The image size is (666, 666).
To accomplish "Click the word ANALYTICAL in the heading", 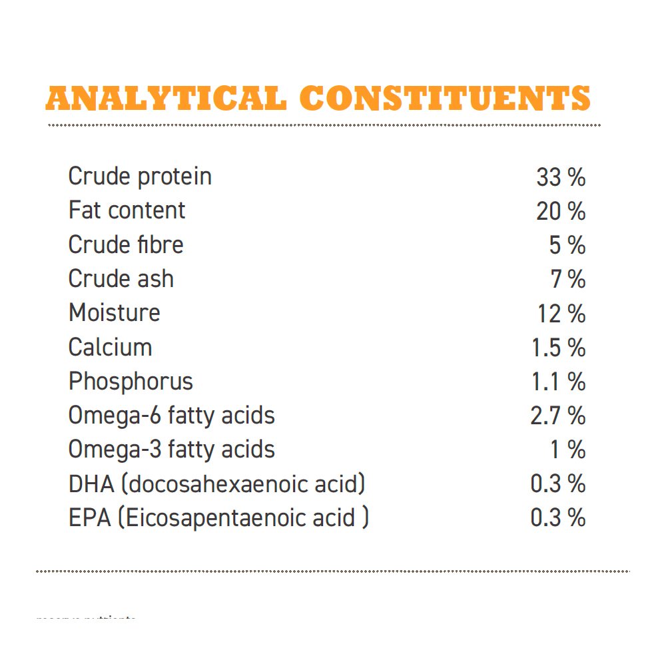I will pos(166,99).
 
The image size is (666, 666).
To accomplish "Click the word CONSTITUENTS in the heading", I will pos(450,99).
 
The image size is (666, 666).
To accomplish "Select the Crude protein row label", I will pos(140,176).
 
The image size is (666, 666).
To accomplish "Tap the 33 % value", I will pos(561,177).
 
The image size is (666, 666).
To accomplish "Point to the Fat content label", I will pos(127,210).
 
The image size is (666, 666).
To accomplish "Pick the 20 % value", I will pos(561,212).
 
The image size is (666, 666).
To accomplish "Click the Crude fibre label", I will pos(125,244).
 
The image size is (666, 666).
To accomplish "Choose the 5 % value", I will pos(567,246).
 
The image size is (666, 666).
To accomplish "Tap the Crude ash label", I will pos(121,279).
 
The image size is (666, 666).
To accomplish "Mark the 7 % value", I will pos(568,280).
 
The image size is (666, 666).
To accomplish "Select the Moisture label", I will pos(114,313).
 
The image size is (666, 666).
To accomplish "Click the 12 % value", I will pos(561,314).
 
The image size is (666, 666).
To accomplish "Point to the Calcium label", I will pos(110,347).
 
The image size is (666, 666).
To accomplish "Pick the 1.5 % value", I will pos(558,348).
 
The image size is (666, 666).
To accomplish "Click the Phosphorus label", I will pos(131,382).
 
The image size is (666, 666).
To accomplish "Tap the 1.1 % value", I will pos(559,382).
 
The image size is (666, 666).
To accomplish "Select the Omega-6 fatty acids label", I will pos(171,416).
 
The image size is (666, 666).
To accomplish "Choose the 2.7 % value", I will pos(557,416).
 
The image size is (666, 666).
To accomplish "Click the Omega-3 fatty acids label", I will pos(171,450).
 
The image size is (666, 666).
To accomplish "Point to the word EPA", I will pos(89,518).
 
